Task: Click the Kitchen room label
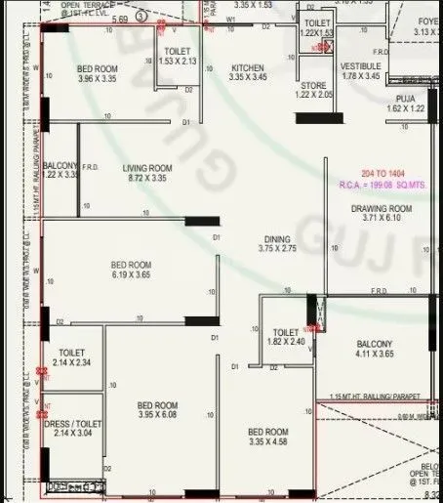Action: point(247,67)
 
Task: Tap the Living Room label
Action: point(147,168)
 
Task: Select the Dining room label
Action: point(277,238)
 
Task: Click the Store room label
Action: point(313,85)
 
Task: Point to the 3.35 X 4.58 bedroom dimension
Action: point(267,442)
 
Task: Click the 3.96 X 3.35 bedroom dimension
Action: point(97,79)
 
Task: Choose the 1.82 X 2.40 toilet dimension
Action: point(286,342)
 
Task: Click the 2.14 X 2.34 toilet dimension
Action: point(72,362)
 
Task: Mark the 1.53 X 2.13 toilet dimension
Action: point(177,61)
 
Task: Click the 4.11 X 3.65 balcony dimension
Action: point(374,356)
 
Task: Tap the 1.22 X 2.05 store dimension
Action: point(313,96)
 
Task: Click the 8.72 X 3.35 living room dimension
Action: point(147,179)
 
